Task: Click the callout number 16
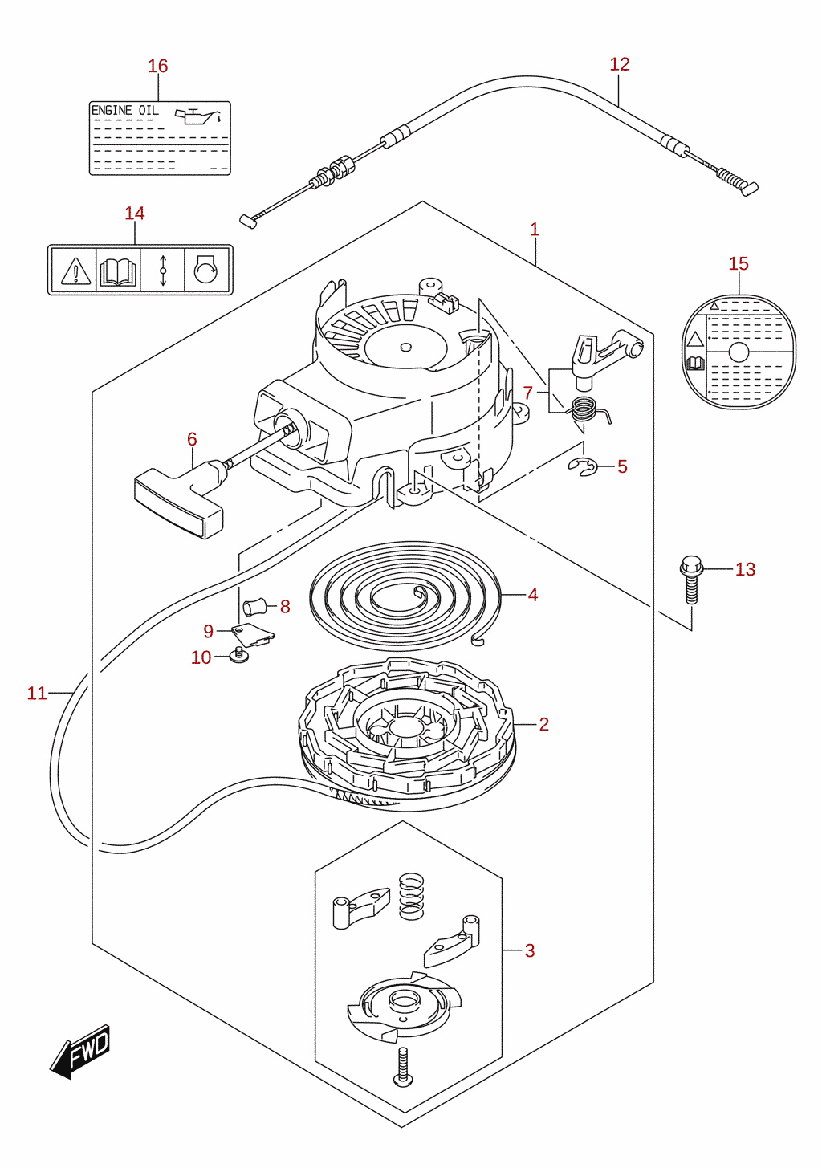coord(157,66)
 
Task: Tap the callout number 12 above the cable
coord(620,64)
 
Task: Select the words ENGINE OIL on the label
coord(124,111)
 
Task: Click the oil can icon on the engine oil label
coord(201,116)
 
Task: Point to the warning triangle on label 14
coord(75,271)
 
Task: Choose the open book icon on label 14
coord(118,272)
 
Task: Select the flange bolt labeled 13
coord(692,579)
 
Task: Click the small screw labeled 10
coord(239,655)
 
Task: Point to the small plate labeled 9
coord(252,634)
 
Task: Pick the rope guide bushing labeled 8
coord(255,607)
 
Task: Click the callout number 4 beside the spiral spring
coord(532,595)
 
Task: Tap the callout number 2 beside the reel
coord(544,724)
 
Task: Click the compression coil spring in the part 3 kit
coord(411,897)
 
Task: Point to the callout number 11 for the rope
coord(37,694)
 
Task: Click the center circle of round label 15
coord(739,352)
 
